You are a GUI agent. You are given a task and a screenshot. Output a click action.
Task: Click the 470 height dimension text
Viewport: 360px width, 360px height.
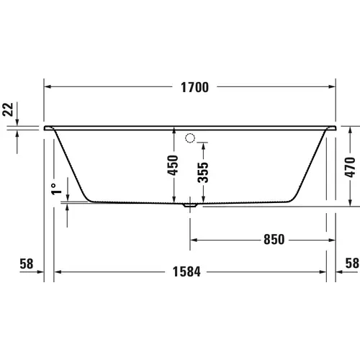pos(351,166)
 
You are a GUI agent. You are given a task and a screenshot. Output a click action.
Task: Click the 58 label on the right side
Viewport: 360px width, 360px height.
pos(351,264)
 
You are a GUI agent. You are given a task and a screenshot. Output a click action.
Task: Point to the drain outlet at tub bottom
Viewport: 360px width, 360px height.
pos(190,204)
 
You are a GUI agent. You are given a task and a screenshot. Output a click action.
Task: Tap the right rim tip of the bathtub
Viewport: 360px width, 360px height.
pos(336,128)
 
